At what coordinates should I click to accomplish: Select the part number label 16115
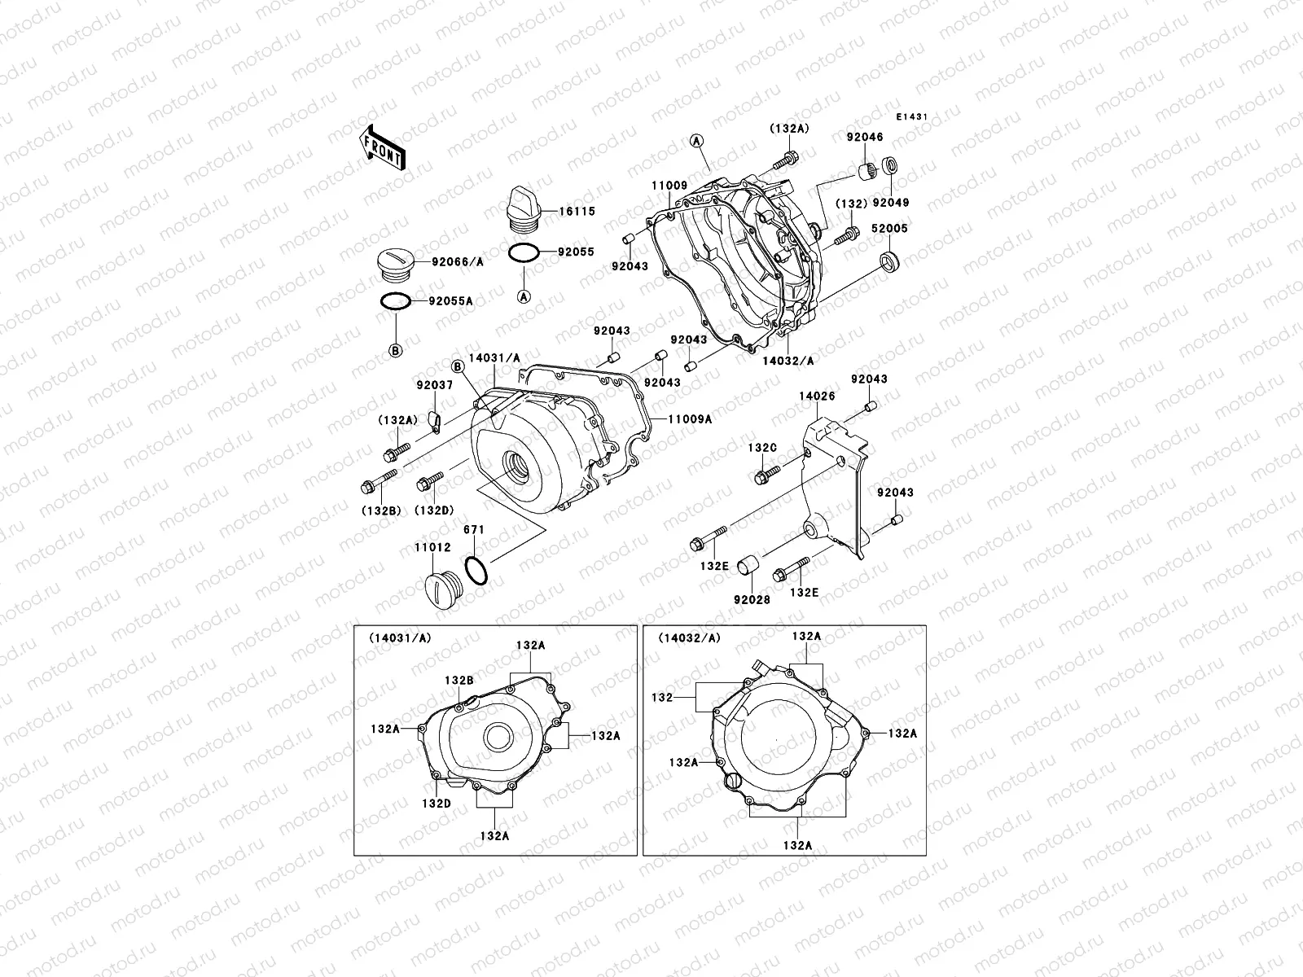(577, 211)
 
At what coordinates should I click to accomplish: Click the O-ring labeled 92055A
(396, 301)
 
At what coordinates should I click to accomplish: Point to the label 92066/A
(458, 262)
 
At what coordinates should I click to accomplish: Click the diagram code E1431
(912, 117)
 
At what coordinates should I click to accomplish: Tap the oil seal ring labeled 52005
(890, 261)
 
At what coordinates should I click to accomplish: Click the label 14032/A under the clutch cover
(788, 360)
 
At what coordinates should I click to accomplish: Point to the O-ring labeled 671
(476, 570)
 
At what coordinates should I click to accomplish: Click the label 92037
(434, 386)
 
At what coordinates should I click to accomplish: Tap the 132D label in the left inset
(437, 803)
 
